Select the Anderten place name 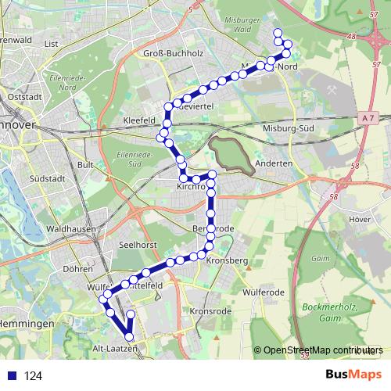[x=274, y=163]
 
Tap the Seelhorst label [x=138, y=245]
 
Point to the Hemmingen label [x=26, y=323]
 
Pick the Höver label [x=360, y=220]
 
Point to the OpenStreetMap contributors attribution [x=323, y=350]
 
